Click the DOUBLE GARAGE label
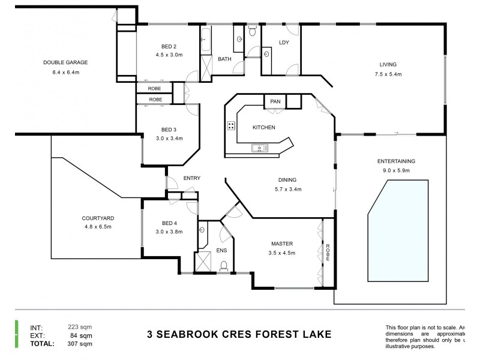(65, 62)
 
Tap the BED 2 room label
(169, 47)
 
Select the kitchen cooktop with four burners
(231, 126)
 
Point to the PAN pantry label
(275, 101)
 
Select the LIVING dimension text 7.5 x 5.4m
(388, 74)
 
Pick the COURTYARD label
(98, 218)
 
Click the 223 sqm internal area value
(80, 327)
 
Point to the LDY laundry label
(284, 43)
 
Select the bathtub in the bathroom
(206, 40)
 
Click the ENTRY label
(191, 178)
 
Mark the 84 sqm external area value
(82, 336)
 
